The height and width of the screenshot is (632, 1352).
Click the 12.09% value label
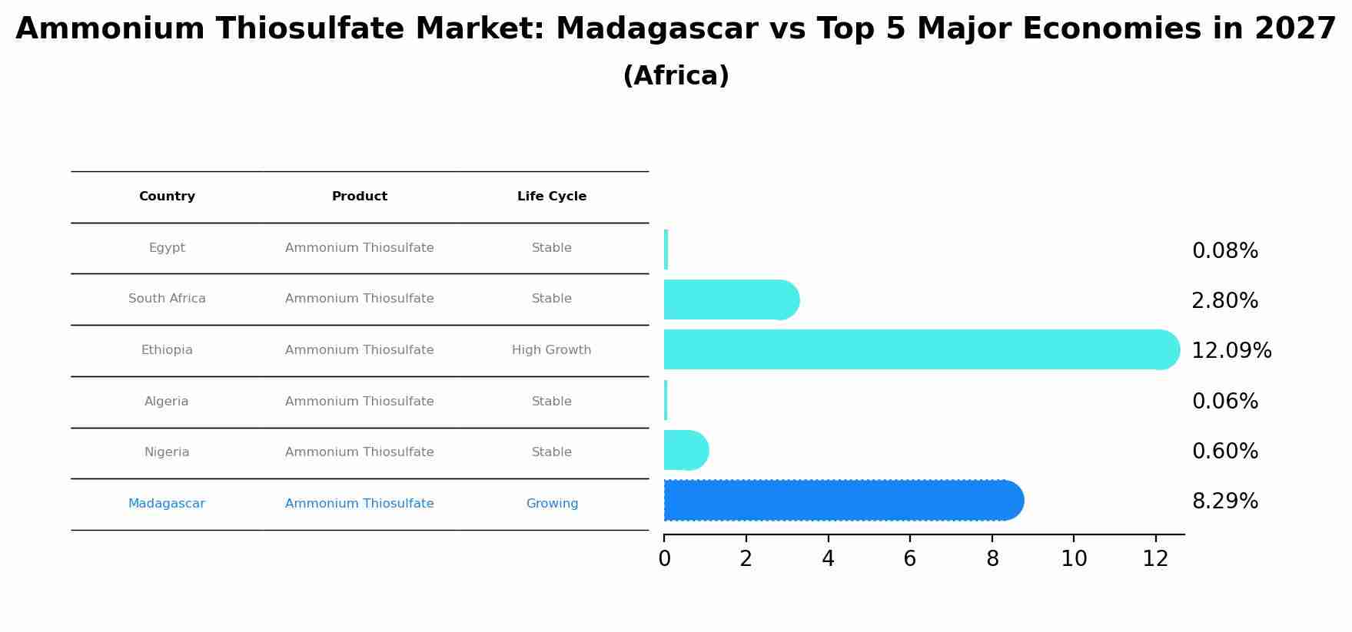(x=1231, y=351)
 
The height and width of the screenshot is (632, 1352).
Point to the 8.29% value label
(x=1225, y=501)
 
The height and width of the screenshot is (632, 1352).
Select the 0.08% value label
(x=1225, y=251)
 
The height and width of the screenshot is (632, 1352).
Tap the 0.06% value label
(x=1225, y=402)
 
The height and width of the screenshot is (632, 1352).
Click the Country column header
(x=167, y=197)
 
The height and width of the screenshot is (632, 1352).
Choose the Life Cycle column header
(x=552, y=197)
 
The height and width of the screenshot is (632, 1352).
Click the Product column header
(x=360, y=197)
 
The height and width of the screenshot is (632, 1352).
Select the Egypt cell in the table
(x=167, y=248)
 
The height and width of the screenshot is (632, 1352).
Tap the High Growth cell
(x=552, y=350)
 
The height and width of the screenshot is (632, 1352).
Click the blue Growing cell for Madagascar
(x=552, y=504)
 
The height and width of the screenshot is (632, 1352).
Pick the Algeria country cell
(x=167, y=402)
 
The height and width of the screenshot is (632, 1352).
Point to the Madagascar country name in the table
(x=167, y=504)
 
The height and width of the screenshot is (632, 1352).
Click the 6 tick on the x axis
(x=910, y=559)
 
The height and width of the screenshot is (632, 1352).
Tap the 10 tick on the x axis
(x=1074, y=559)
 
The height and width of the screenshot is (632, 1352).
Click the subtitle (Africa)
(x=676, y=76)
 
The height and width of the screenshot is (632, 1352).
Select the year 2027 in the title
(x=1295, y=29)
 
